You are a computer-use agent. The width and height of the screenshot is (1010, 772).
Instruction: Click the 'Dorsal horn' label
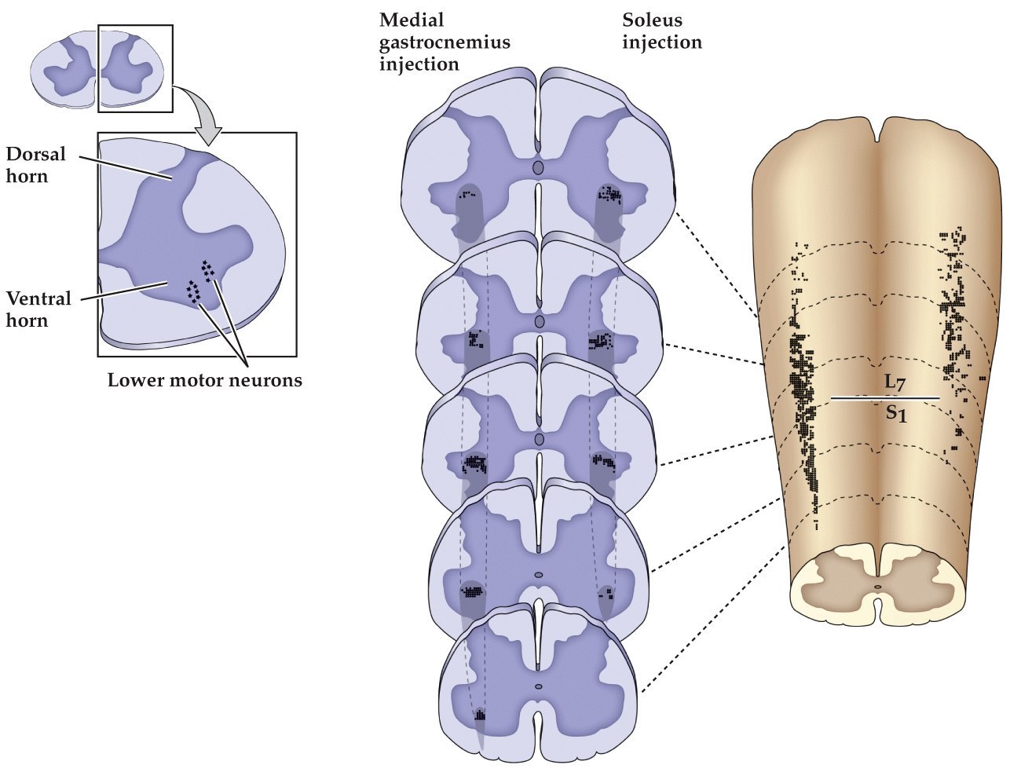coord(27,164)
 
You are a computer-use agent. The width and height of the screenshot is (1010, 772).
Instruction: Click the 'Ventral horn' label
coord(38,309)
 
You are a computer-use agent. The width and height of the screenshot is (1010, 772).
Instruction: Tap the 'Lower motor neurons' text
coord(204,380)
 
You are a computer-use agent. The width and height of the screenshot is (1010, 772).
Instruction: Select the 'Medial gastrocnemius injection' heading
coord(444,41)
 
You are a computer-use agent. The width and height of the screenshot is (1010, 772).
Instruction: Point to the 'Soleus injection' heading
coord(661,31)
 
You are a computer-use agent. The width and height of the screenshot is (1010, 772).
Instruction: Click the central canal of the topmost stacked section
coord(538,168)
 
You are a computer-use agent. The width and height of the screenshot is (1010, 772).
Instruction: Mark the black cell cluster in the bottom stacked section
coord(479,715)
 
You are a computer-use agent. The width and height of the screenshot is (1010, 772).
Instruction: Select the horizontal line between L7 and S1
coord(884,398)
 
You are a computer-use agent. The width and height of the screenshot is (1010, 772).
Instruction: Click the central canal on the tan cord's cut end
coord(877,586)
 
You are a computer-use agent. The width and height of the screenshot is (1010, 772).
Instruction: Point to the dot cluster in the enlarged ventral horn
coord(199,281)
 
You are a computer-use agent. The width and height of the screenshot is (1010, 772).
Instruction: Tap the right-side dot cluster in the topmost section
coord(609,193)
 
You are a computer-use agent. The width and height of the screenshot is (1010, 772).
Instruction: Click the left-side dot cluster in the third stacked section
coord(474,463)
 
